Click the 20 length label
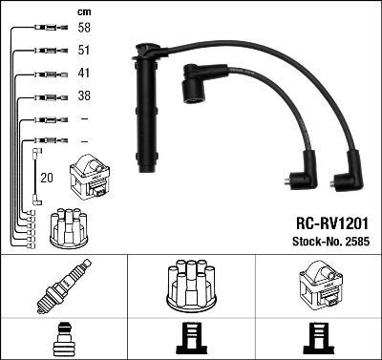(47, 177)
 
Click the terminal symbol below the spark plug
(63, 339)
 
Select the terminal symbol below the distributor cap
(191, 339)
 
